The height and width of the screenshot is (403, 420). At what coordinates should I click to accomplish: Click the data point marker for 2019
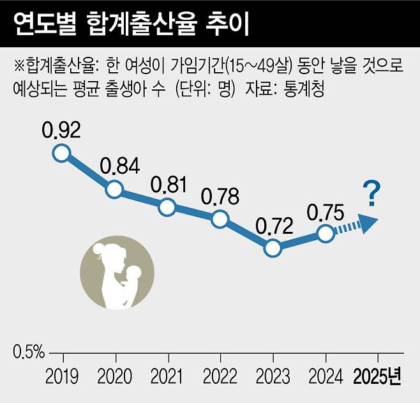[61, 153]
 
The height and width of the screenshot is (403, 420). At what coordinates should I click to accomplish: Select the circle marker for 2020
[114, 189]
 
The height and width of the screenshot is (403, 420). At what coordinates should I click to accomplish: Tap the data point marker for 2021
[167, 207]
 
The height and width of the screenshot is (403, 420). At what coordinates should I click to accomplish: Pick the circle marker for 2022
[220, 219]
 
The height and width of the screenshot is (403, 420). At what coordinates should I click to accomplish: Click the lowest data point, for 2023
[273, 248]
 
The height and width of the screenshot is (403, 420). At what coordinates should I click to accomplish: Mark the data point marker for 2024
[326, 233]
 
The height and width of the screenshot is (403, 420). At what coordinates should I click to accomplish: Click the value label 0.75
[326, 211]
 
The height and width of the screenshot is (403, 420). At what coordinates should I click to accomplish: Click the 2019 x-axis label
[63, 377]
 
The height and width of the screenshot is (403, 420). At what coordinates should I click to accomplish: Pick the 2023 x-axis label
[273, 377]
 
